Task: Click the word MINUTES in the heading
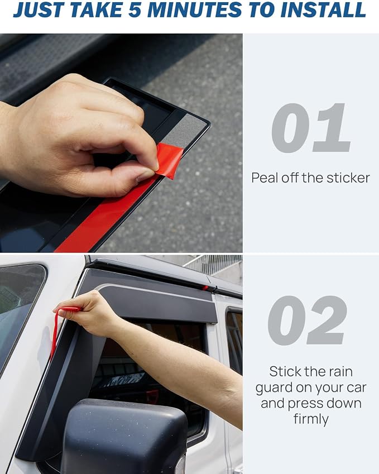195,9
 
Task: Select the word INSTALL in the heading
323,9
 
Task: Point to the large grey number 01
311,128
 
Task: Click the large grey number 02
308,320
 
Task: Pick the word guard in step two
274,388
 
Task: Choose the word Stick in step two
285,371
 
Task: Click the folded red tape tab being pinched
169,160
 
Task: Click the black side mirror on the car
124,437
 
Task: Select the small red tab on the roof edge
205,288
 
